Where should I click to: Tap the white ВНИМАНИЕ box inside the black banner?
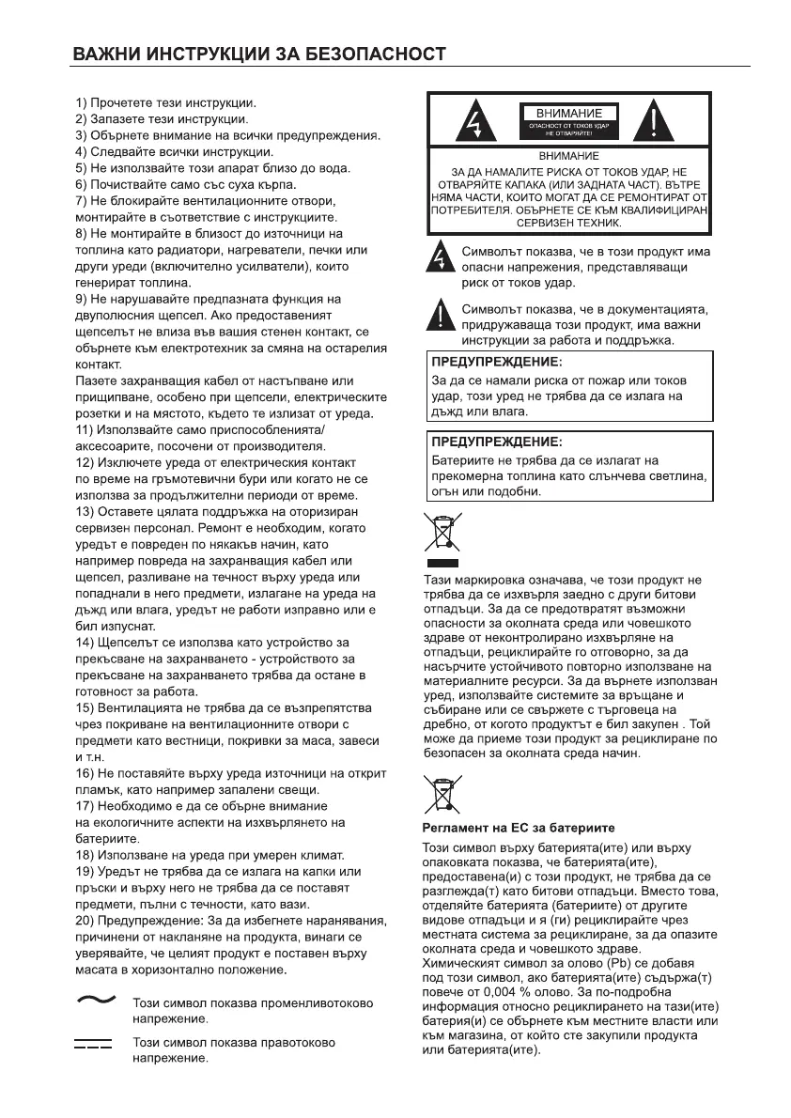pos(569,113)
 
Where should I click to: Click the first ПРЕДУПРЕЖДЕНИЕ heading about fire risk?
pos(497,361)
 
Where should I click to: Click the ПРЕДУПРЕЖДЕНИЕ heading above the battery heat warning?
pos(497,441)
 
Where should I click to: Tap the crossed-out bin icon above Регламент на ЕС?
pos(442,794)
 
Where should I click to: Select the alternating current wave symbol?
pos(94,1001)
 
